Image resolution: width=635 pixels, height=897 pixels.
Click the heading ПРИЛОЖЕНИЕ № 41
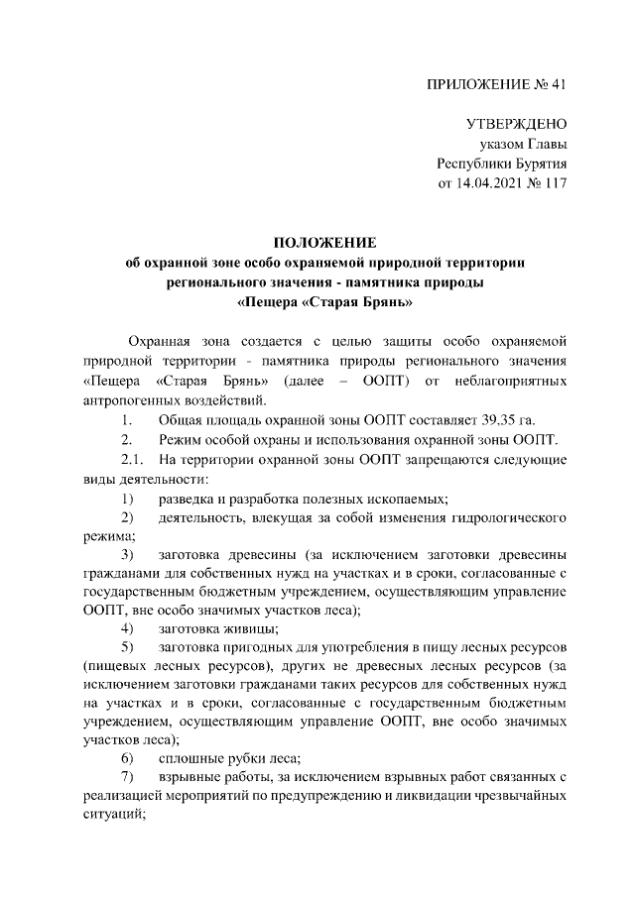496,84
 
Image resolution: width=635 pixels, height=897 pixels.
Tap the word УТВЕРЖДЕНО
516,125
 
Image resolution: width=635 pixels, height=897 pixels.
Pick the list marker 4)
128,629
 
